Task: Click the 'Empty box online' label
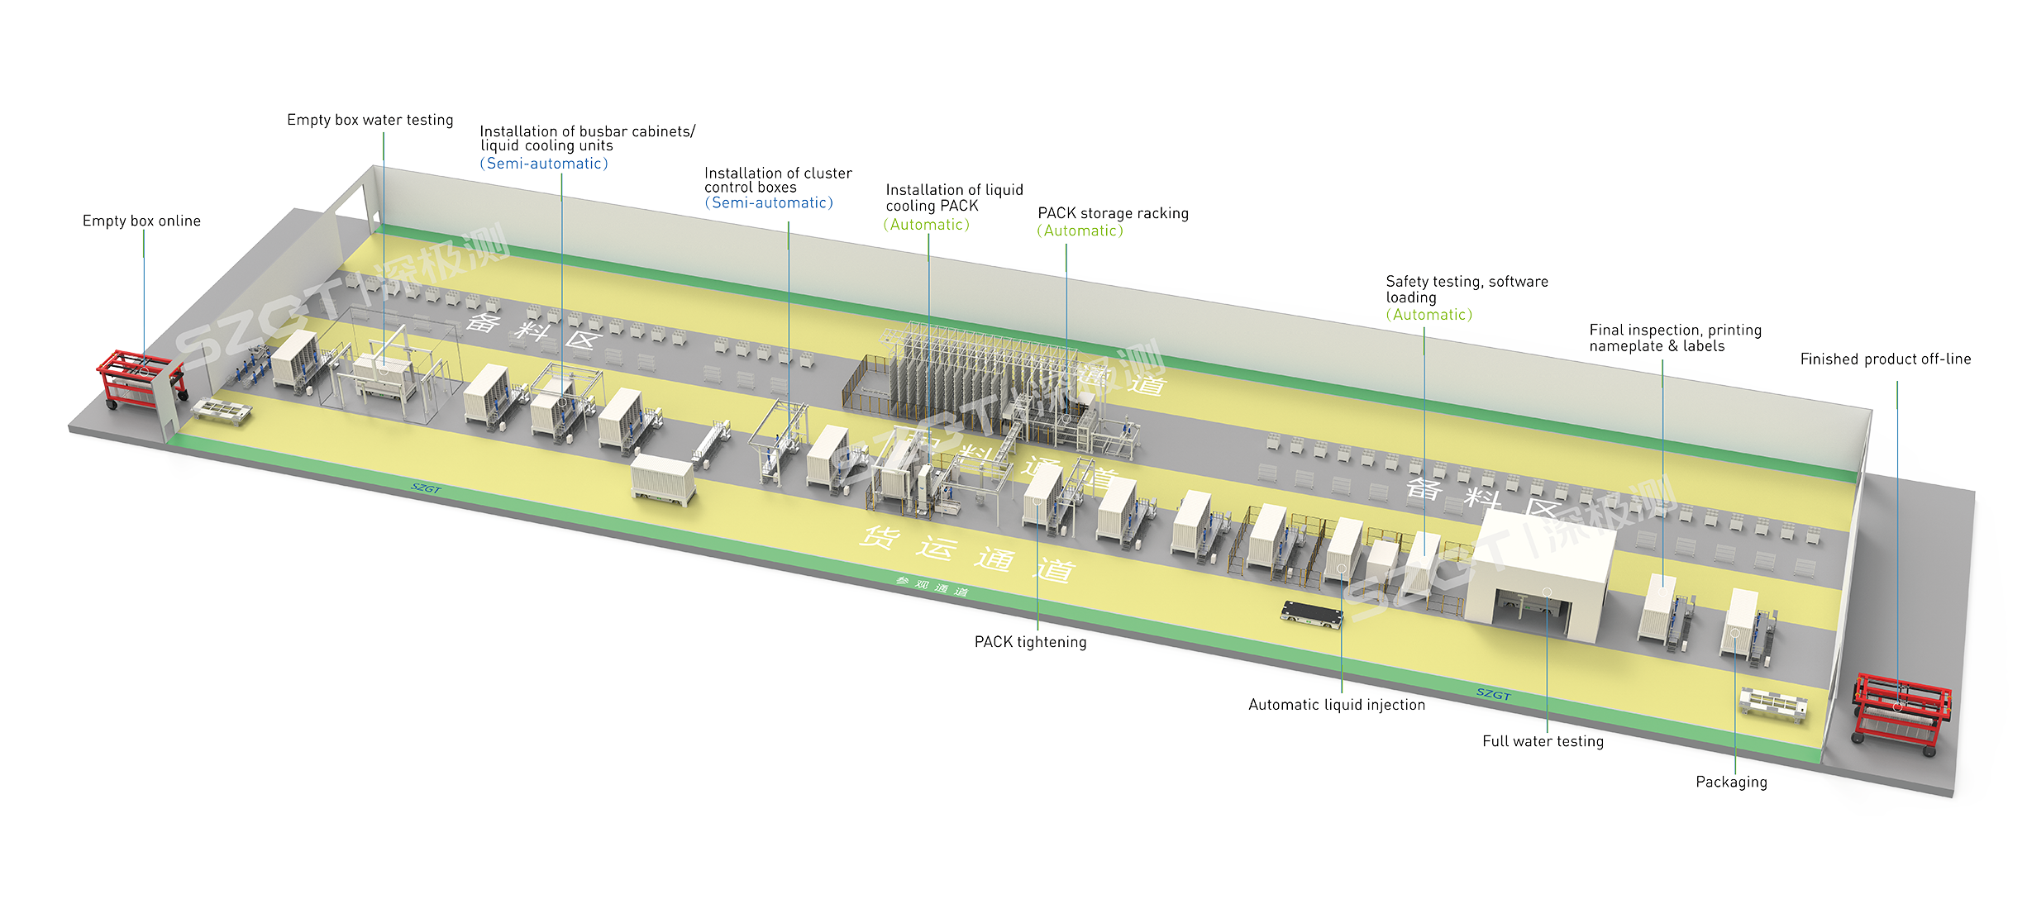pyautogui.click(x=141, y=221)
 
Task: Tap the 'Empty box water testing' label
pyautogui.click(x=370, y=120)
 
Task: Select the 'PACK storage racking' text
pyautogui.click(x=1113, y=213)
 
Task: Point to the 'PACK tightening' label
pyautogui.click(x=1030, y=642)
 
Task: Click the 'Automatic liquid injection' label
pyautogui.click(x=1336, y=705)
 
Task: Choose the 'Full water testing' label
pyautogui.click(x=1543, y=741)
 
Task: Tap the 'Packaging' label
pyautogui.click(x=1731, y=782)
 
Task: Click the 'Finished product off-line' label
pyautogui.click(x=1885, y=359)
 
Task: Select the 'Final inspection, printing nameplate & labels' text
pyautogui.click(x=1675, y=338)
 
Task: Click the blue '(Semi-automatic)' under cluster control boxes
pyautogui.click(x=769, y=203)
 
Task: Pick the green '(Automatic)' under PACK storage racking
pyautogui.click(x=1080, y=231)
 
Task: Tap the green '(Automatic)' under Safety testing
pyautogui.click(x=1428, y=315)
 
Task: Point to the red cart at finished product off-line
pyautogui.click(x=1900, y=711)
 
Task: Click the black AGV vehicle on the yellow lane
pyautogui.click(x=1311, y=614)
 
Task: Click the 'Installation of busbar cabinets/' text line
pyautogui.click(x=587, y=131)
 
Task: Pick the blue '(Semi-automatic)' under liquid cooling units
pyautogui.click(x=544, y=164)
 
